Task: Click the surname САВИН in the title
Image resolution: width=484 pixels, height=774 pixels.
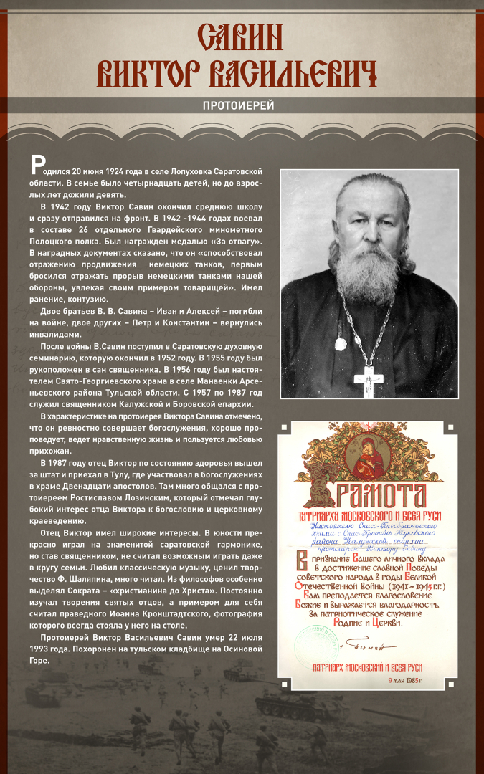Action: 242,37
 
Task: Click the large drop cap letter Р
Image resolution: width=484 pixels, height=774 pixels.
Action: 37,166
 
